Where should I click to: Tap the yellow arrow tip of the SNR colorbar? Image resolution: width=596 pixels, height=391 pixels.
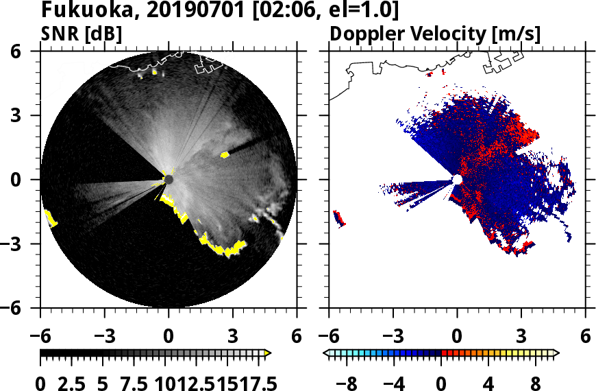(x=268, y=353)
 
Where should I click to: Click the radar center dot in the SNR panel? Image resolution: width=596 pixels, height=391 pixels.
(x=169, y=180)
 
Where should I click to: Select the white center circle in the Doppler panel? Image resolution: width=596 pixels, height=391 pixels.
(x=457, y=180)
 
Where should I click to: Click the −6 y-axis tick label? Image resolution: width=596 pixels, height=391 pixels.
(x=23, y=308)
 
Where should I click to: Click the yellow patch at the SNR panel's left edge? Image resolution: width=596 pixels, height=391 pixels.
(x=50, y=219)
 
